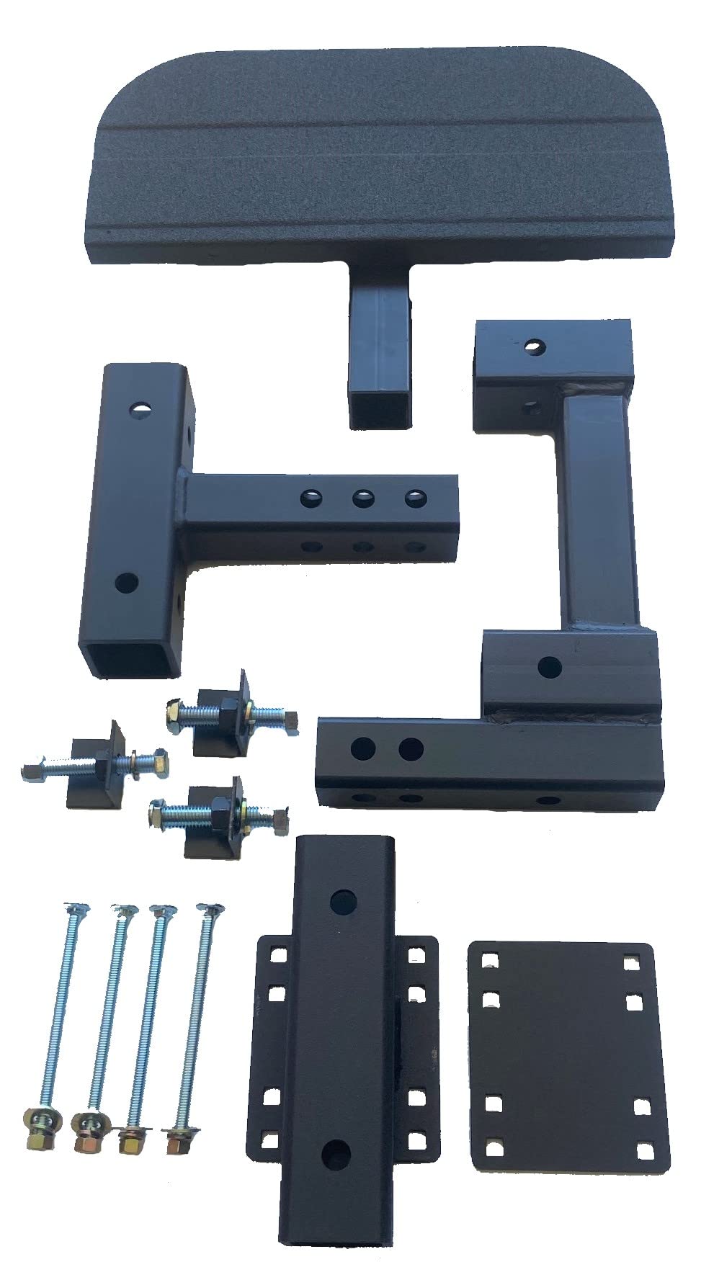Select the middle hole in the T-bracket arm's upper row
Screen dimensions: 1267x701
tap(362, 497)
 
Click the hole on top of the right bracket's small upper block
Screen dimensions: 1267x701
tap(535, 348)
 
